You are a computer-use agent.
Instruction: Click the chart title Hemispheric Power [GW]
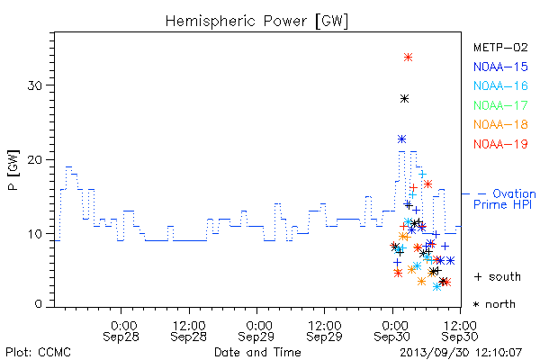click(256, 21)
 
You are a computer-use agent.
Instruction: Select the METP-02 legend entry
click(500, 48)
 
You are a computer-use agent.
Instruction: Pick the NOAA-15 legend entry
click(500, 67)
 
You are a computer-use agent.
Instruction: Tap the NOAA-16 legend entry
click(500, 85)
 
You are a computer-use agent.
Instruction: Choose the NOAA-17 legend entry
click(500, 105)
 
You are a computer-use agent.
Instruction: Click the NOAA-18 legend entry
click(500, 124)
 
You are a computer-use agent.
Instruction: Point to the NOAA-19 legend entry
click(500, 144)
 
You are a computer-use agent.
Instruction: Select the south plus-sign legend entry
click(498, 276)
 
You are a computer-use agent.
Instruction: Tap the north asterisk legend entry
click(494, 304)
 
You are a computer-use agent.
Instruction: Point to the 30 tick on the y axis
click(34, 85)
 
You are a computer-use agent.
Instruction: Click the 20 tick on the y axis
click(34, 160)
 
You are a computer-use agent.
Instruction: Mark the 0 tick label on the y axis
click(38, 304)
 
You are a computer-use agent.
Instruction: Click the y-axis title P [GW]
click(13, 170)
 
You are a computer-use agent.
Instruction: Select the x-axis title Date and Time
click(257, 352)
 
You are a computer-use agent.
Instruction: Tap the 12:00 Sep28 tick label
click(189, 331)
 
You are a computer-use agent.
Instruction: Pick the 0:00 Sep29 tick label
click(256, 331)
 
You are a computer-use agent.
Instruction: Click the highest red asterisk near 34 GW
click(408, 58)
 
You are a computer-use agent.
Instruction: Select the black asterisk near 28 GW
click(405, 99)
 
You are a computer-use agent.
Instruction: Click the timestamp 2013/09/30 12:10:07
click(461, 353)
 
